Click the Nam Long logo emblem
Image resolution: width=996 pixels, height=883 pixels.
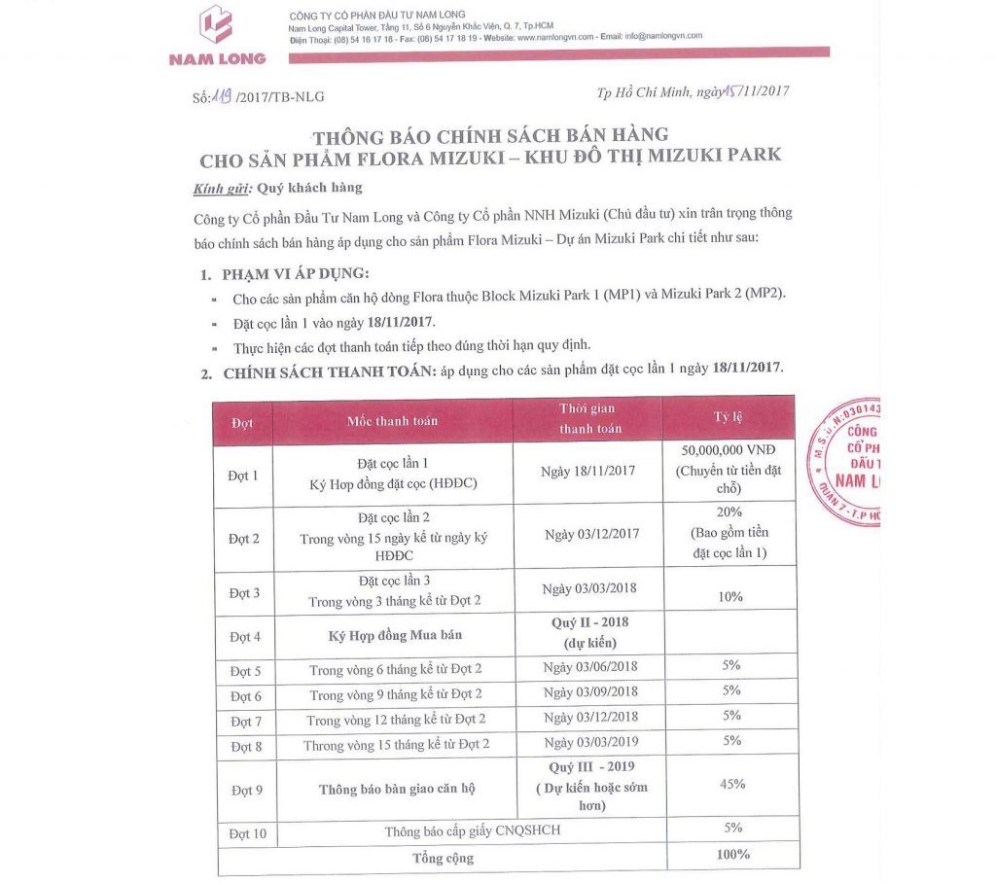coord(217,26)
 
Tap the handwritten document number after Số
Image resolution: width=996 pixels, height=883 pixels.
coord(222,94)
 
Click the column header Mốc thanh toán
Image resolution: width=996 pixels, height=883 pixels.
coord(392,420)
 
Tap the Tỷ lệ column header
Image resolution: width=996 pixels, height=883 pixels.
coord(729,417)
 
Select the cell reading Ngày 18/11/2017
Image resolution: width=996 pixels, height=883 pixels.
coord(587,471)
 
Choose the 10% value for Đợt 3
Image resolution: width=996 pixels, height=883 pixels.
coord(730,596)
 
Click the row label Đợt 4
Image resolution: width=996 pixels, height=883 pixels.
coord(244,638)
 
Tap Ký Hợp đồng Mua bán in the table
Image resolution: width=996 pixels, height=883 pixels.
coord(392,636)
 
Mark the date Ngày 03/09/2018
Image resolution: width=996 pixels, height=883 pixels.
coord(590,691)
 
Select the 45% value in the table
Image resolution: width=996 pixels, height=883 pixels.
coord(732,784)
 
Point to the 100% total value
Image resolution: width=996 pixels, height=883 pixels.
coord(730,855)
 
